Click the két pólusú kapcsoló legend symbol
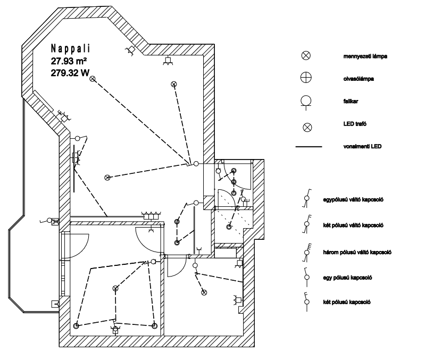[x=306, y=299]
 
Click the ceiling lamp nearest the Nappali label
[x=93, y=79]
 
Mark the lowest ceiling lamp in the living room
[x=107, y=177]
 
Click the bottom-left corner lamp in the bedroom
[x=77, y=326]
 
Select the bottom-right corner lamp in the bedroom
[x=154, y=325]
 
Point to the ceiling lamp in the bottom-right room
[x=203, y=292]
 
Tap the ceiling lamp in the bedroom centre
[x=115, y=288]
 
